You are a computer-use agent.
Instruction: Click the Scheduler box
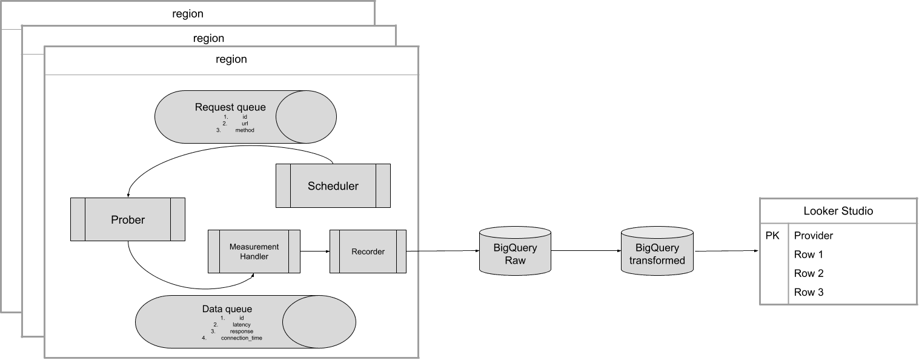(333, 186)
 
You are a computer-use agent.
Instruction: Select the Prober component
(128, 219)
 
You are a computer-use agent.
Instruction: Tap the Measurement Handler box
(254, 252)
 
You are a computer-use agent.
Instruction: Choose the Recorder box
(368, 252)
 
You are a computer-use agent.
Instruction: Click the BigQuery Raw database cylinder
(515, 253)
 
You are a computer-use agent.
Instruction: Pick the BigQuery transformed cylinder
(657, 254)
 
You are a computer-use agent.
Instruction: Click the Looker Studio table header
(838, 211)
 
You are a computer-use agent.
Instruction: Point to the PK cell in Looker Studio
(772, 236)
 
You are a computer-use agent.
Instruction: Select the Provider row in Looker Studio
(814, 236)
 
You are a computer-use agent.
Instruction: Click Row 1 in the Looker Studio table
(809, 255)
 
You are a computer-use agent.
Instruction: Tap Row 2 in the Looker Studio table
(809, 273)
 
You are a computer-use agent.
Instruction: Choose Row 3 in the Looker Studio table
(809, 292)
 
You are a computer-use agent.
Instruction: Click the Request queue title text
(230, 107)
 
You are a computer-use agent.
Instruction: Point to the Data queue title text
(227, 309)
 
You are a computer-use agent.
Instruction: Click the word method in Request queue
(245, 130)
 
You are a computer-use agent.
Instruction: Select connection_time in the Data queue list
(241, 338)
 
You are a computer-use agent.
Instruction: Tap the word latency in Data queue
(241, 324)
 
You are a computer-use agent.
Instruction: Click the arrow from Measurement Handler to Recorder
(314, 251)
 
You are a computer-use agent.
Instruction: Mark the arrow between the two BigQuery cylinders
(586, 251)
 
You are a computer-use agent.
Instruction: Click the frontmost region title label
(231, 59)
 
